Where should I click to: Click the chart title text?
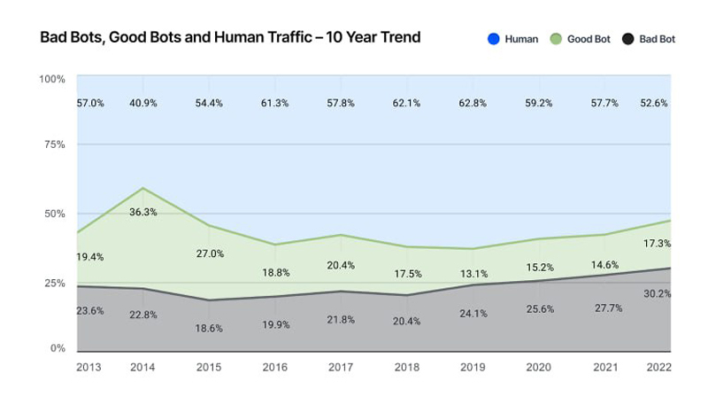click(x=230, y=38)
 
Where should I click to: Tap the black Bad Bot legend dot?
click(x=627, y=39)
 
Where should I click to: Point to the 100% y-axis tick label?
click(x=52, y=80)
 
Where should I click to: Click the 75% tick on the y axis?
click(x=55, y=144)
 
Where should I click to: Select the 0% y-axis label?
click(x=58, y=348)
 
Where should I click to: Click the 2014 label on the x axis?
click(x=142, y=368)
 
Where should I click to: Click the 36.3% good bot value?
click(x=143, y=212)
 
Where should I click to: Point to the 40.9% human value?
click(x=142, y=104)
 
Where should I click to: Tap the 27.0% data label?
click(x=210, y=253)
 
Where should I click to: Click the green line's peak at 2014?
click(x=142, y=188)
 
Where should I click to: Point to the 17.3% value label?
click(x=657, y=243)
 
